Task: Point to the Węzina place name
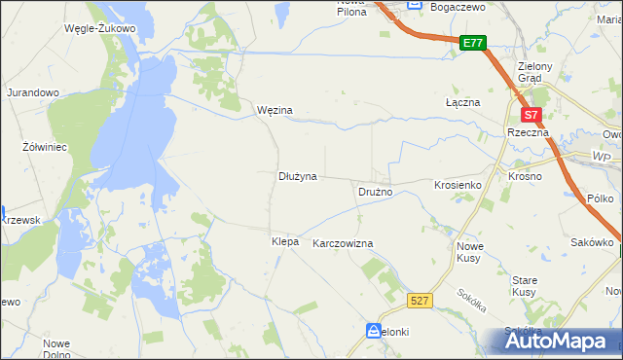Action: (x=275, y=111)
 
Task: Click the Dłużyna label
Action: (x=298, y=177)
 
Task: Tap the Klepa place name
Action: (x=285, y=240)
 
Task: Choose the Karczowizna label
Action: (x=343, y=243)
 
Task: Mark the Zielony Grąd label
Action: (x=536, y=72)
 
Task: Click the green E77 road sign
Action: (x=473, y=43)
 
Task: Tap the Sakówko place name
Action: (x=591, y=242)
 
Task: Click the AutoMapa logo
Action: (x=559, y=341)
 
